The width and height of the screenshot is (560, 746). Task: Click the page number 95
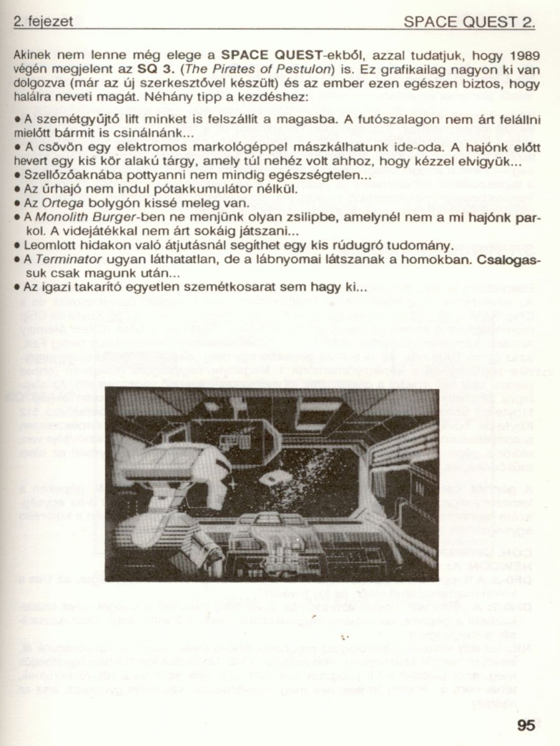click(x=525, y=725)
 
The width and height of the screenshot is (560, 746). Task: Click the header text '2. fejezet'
click(x=42, y=22)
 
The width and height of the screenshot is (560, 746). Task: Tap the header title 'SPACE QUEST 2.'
click(x=469, y=23)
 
